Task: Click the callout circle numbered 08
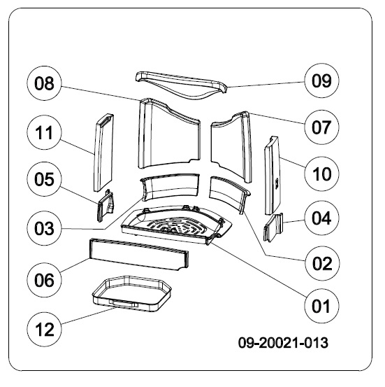coord(44,83)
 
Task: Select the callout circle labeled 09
coord(321,81)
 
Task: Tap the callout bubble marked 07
coord(321,127)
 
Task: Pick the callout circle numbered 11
coord(44,132)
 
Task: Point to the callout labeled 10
coord(321,174)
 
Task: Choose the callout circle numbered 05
coord(44,179)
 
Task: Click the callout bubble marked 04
coord(321,218)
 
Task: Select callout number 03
coord(44,228)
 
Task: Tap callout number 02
coord(321,263)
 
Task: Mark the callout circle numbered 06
coord(44,280)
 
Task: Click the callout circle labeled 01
coord(321,306)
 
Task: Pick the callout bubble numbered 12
coord(44,330)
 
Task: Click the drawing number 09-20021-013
coord(283,343)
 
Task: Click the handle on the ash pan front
coord(123,304)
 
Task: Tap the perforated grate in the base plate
coord(176,226)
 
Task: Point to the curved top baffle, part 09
coord(181,84)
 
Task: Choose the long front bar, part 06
coord(138,254)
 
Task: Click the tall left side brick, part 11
coord(103,153)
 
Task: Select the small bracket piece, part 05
coord(106,205)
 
